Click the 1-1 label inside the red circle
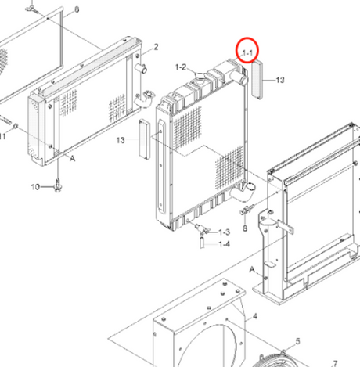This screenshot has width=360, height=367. (x=247, y=53)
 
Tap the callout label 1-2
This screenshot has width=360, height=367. (x=181, y=67)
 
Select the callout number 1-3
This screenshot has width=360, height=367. (x=224, y=232)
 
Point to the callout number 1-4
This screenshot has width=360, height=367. (x=224, y=244)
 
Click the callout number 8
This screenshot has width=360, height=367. (x=245, y=228)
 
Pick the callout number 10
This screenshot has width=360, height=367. (x=35, y=187)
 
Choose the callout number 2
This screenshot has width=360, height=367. (x=156, y=47)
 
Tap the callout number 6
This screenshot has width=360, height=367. (x=77, y=9)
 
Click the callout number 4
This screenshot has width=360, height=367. (x=255, y=316)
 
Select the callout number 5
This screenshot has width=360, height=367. (x=297, y=341)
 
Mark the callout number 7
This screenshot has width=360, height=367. (x=335, y=363)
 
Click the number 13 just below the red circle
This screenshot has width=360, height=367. (x=280, y=80)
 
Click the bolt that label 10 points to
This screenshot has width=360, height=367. (x=58, y=185)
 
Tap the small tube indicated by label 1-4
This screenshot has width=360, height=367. (x=202, y=243)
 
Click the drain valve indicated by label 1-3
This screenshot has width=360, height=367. (x=202, y=229)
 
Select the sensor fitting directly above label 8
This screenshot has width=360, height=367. (x=247, y=210)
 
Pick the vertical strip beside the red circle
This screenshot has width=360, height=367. (x=257, y=80)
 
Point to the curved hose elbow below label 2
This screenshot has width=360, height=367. (x=144, y=99)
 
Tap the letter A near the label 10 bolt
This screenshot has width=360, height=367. (x=73, y=158)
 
